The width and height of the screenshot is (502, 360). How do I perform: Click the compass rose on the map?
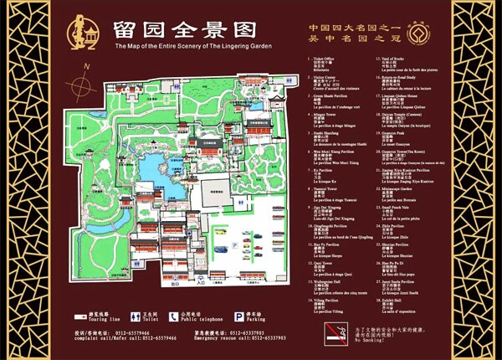(83, 86)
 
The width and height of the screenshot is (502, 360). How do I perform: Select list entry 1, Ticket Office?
(321, 63)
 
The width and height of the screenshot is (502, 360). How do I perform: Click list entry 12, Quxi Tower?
(321, 267)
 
